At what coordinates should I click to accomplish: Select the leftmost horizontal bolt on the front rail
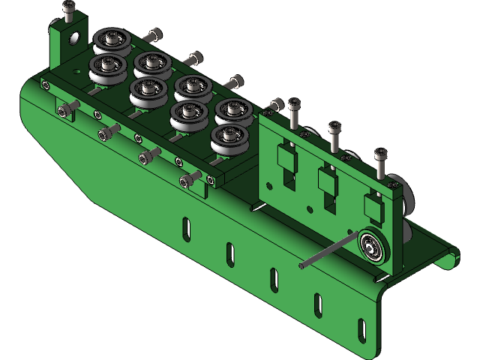pos(67,110)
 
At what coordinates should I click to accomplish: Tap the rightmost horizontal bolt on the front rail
pos(190,180)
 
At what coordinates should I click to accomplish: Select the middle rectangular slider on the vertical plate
pos(327,181)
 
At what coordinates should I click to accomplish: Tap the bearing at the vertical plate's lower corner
pos(371,244)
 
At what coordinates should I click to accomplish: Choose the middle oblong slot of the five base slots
pos(274,277)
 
